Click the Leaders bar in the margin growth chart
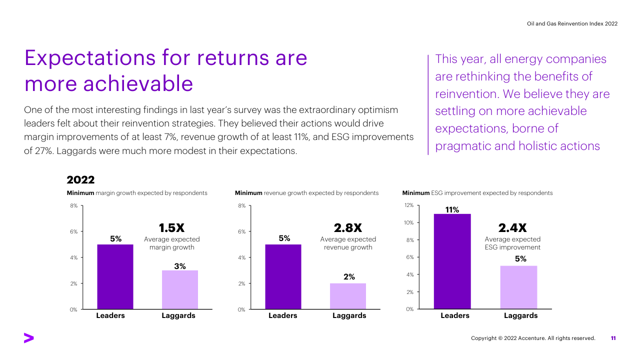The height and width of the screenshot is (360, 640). pyautogui.click(x=115, y=276)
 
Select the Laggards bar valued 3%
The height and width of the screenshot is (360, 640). pyautogui.click(x=180, y=289)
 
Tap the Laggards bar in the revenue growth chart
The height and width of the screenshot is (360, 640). pyautogui.click(x=348, y=296)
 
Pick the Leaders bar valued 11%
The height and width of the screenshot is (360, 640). pyautogui.click(x=452, y=261)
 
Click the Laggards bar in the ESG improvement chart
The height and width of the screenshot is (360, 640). pyautogui.click(x=519, y=287)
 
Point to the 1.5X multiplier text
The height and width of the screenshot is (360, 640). pyautogui.click(x=171, y=228)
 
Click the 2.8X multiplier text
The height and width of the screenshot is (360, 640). pyautogui.click(x=347, y=228)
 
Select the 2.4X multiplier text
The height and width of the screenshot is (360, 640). pyautogui.click(x=512, y=228)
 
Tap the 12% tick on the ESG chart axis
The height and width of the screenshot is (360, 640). pyautogui.click(x=409, y=205)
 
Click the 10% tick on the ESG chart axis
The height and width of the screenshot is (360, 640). pyautogui.click(x=409, y=222)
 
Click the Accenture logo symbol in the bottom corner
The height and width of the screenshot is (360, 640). pyautogui.click(x=28, y=338)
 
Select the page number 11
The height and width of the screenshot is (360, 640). pyautogui.click(x=613, y=338)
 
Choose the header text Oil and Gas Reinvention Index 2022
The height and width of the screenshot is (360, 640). pyautogui.click(x=572, y=23)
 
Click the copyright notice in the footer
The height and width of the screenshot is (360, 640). pyautogui.click(x=533, y=338)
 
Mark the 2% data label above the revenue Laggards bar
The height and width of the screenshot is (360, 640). pyautogui.click(x=349, y=276)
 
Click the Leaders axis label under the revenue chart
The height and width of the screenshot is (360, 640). pyautogui.click(x=283, y=315)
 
